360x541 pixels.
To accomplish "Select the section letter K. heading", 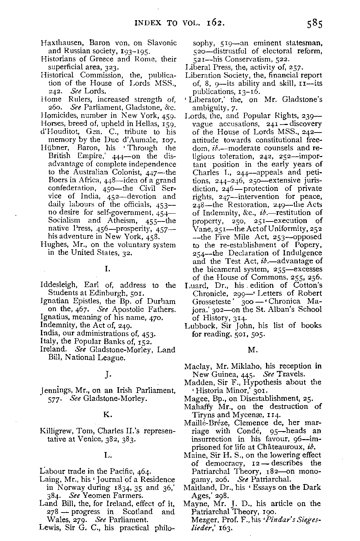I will [x=108, y=415].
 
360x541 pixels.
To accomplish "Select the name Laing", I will [x=48, y=480].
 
